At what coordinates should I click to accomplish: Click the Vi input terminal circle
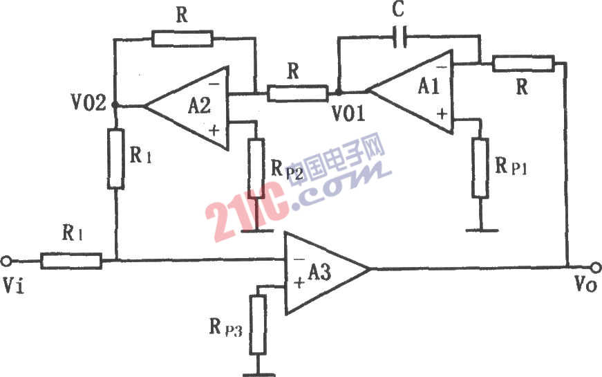tap(7, 261)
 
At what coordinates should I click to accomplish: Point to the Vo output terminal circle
tap(595, 267)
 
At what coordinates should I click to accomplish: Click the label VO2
tap(88, 105)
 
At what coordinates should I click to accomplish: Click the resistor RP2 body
tap(256, 168)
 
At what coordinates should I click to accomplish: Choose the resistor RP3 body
tap(258, 323)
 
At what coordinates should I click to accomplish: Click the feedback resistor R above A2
tap(182, 39)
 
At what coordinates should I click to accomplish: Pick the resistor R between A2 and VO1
tap(298, 92)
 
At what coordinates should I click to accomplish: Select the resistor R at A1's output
tap(523, 64)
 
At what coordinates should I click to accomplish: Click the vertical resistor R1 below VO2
tap(115, 158)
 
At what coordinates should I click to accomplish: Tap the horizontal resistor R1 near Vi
tap(71, 261)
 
